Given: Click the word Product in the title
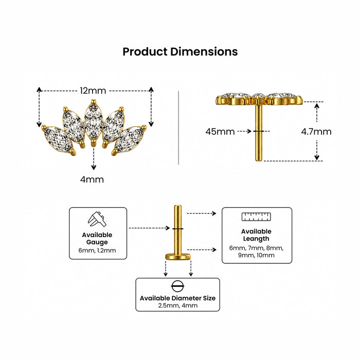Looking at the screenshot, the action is tap(145, 52).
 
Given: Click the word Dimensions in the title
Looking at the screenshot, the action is tap(204, 51).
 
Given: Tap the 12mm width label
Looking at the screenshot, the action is tap(93, 91).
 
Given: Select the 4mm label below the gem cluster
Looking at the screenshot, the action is tap(92, 179).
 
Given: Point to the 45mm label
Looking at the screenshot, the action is tap(220, 132).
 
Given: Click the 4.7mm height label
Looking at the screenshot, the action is tap(316, 132).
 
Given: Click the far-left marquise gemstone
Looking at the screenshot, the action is tap(58, 139).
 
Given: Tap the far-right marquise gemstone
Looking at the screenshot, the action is tap(129, 139).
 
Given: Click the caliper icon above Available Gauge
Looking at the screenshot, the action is tap(97, 219).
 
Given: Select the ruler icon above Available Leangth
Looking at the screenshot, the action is tap(256, 217).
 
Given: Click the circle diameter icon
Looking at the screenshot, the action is tap(177, 286).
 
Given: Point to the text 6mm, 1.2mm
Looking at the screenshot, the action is tap(97, 250).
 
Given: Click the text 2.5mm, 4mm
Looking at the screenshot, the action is tap(178, 305).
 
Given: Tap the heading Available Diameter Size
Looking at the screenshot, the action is tap(178, 298).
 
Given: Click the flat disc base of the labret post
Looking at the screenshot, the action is tap(178, 257).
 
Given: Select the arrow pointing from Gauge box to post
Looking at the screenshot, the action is tap(149, 228).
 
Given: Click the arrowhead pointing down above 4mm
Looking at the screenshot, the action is tap(94, 167).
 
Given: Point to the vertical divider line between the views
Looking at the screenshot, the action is tap(178, 128).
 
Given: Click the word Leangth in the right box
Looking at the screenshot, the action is tap(256, 239).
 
